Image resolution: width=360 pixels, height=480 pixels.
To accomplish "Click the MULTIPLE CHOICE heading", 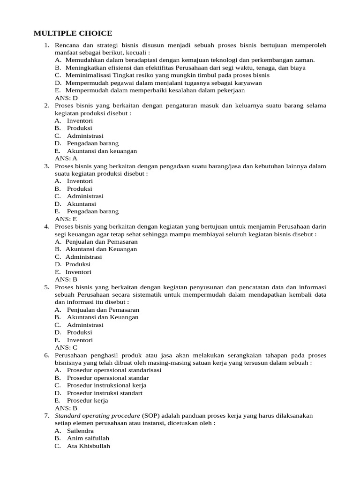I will [x=73, y=33].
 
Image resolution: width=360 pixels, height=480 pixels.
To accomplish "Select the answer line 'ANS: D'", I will [x=66, y=98].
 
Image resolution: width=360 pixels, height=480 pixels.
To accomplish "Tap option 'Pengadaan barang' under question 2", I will [x=92, y=143].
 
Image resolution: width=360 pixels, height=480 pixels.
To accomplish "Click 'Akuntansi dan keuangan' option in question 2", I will [x=102, y=151].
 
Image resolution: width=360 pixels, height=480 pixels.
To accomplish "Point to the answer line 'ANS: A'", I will [x=66, y=158].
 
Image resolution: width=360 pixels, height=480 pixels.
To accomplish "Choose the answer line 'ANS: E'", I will [x=66, y=219].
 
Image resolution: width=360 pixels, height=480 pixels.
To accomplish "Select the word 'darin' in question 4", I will [x=319, y=226].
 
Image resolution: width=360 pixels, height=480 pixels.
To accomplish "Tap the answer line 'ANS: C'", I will [x=66, y=347].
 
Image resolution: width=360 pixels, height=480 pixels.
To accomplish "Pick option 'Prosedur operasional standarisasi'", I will [x=114, y=370].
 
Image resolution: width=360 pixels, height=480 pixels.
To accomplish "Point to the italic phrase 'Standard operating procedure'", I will [x=97, y=415].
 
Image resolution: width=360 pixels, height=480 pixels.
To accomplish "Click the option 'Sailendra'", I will [x=80, y=430].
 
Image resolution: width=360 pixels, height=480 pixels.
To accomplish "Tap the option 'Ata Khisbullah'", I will [x=88, y=446].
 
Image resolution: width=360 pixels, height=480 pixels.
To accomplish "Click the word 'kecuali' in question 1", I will [x=137, y=53].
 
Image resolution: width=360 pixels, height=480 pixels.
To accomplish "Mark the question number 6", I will [x=46, y=355].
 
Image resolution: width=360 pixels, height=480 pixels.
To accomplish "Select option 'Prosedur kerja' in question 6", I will [x=87, y=400].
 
